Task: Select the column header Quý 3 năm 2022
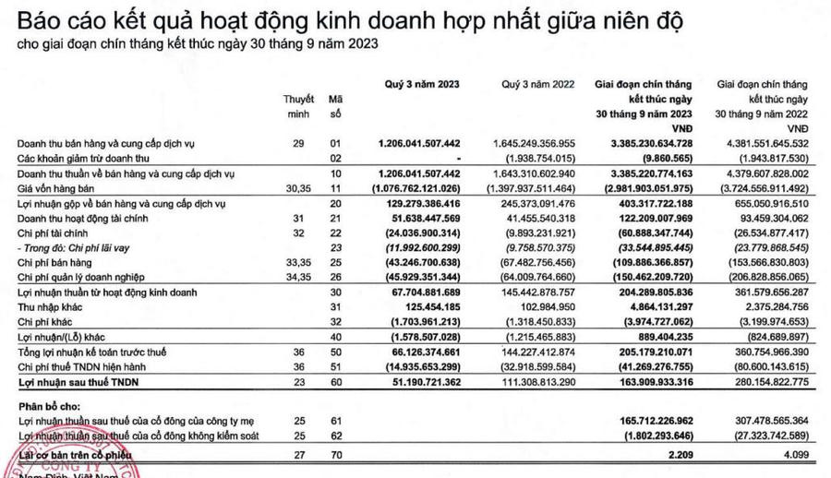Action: click(538, 84)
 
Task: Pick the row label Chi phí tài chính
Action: click(53, 233)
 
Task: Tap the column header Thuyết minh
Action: click(298, 105)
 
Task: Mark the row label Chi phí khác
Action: click(46, 322)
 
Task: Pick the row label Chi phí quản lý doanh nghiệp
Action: click(82, 278)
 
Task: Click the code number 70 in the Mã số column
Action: click(335, 456)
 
